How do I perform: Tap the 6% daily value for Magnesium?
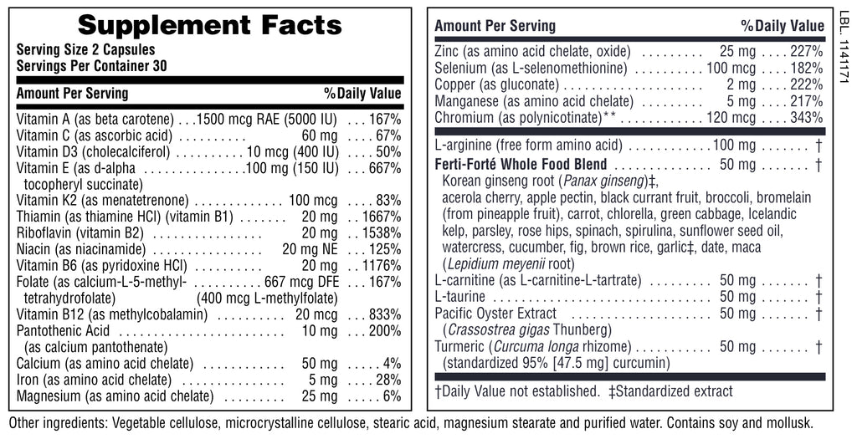[x=393, y=395]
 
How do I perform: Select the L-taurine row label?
[x=461, y=296]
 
